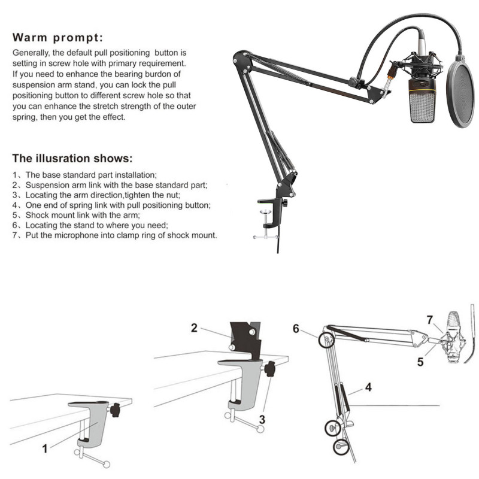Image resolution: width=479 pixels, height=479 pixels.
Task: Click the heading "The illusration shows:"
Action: coord(72,159)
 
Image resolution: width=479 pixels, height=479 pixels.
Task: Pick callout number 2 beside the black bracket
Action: coord(194,328)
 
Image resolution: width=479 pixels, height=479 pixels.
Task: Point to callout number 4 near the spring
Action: coord(368,387)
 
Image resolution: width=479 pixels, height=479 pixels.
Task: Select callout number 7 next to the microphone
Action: coord(430,320)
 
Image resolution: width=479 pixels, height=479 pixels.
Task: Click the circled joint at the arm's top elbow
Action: coord(326,341)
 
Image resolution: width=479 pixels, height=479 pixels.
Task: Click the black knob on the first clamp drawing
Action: coord(114,411)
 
